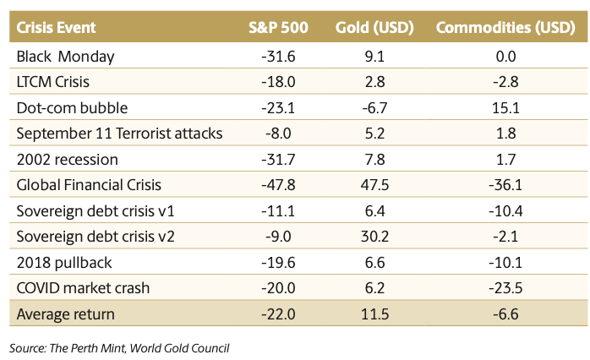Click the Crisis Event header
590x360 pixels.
56,27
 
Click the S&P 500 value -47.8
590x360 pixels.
277,185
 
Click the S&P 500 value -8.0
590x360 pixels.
277,134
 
